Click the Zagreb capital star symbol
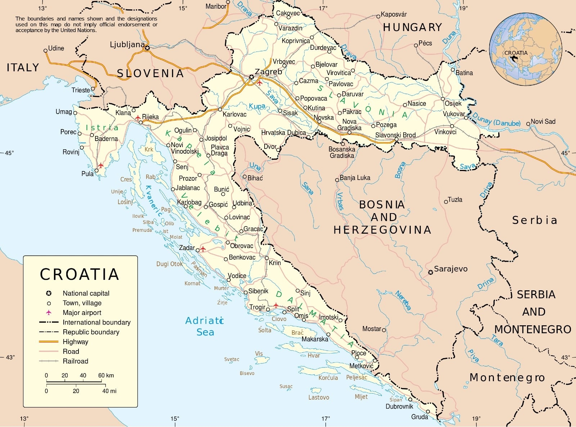pos(251,77)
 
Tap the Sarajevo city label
pos(450,269)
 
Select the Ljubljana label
pos(127,45)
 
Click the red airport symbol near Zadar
pos(203,249)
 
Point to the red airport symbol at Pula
pos(101,166)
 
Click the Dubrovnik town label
pos(399,406)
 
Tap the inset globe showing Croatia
pos(525,49)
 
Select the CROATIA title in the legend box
pos(80,274)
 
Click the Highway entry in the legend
pos(75,342)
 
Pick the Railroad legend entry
pos(75,361)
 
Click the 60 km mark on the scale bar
pos(106,375)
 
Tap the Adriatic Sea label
pos(205,326)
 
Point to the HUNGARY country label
pos(412,27)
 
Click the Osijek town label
pos(453,104)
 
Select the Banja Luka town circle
pos(337,180)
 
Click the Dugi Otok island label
pos(169,264)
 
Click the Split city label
pos(293,309)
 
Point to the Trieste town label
pos(81,90)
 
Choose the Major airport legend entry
pos(82,313)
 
